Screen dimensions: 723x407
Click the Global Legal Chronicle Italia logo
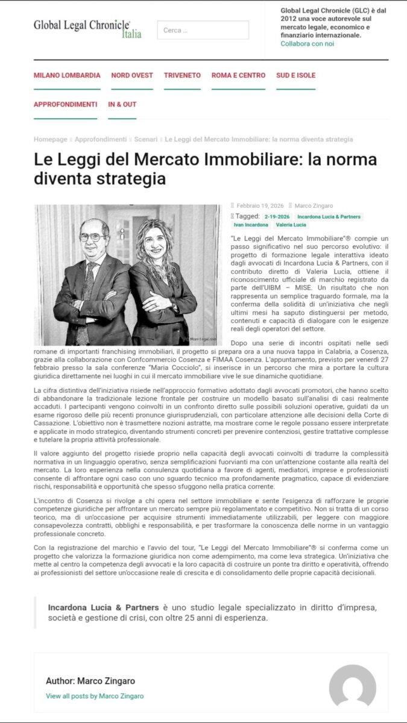(87, 28)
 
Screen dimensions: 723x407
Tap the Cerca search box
(203, 30)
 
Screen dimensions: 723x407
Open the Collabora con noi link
(307, 43)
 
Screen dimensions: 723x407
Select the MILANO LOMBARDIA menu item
(67, 75)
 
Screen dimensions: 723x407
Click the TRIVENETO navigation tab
(182, 75)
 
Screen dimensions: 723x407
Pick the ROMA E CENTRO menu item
(238, 75)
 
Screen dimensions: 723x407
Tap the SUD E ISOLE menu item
(295, 75)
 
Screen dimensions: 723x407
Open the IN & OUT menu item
(122, 104)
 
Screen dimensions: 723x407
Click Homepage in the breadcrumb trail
(51, 139)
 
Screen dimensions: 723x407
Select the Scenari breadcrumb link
(145, 139)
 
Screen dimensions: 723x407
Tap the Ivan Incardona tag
(251, 225)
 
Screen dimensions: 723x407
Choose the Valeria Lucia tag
(291, 225)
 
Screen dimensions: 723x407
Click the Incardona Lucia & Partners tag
(329, 216)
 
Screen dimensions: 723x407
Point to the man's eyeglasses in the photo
(92, 237)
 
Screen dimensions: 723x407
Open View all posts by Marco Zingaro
(95, 696)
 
